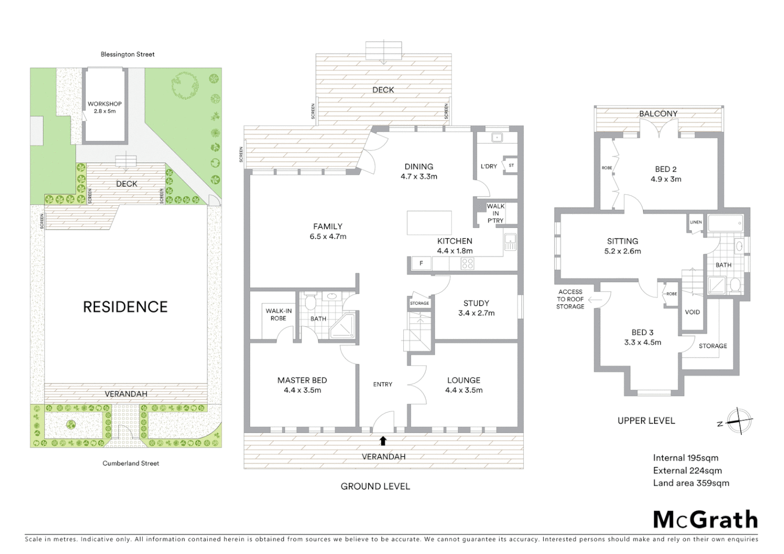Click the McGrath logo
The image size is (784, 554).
coord(705,520)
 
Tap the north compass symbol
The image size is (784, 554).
coord(739,421)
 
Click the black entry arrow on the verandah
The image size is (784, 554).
coord(383,440)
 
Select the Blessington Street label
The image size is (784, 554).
coord(128,54)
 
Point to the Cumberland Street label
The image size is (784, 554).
coord(131,463)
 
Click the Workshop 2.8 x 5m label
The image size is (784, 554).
coord(105,107)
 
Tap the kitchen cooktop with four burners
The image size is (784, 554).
coord(467,264)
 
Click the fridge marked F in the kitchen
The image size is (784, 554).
coord(421,264)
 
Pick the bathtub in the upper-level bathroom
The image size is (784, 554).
coord(725,223)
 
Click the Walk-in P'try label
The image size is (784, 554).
coord(495,213)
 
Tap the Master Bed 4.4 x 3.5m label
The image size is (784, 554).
coord(302,385)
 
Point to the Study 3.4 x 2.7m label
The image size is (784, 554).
coord(476,308)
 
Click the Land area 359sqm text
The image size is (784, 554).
coord(691,483)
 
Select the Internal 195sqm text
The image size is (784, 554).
coord(685,458)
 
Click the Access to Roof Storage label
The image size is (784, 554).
coord(570,299)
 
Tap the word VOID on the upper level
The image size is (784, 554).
coord(692,312)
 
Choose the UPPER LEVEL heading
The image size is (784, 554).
coord(646,421)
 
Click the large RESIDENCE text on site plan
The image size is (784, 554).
coord(125,307)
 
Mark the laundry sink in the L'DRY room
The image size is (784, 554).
coord(496,137)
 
